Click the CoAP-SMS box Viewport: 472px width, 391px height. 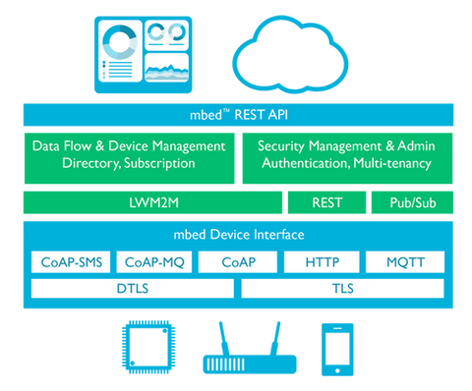point(71,262)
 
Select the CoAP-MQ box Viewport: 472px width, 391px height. point(154,262)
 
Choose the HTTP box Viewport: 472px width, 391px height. point(321,262)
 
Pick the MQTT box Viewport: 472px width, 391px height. point(404,262)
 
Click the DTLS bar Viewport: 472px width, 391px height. point(133,289)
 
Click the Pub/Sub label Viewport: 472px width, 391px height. point(413,203)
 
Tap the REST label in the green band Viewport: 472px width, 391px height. point(326,203)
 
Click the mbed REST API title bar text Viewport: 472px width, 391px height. point(236,111)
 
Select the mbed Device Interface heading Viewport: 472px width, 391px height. point(236,235)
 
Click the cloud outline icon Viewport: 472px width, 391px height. point(291,50)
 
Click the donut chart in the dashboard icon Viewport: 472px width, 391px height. point(121,42)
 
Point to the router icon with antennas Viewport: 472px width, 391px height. point(236,350)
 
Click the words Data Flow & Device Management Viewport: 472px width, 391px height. point(129,145)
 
